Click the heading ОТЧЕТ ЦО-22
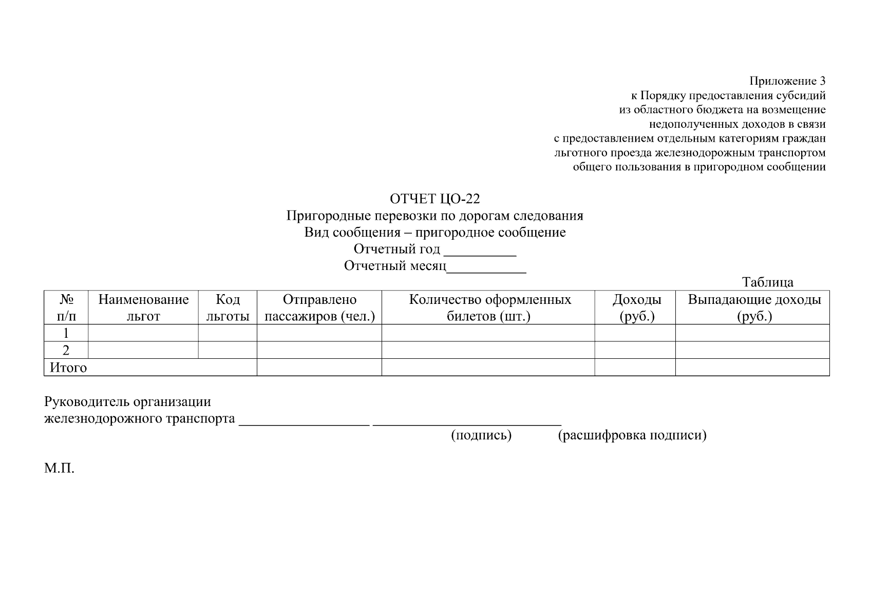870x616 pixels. click(434, 199)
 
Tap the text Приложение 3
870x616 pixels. click(787, 81)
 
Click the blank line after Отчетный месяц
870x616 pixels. click(486, 268)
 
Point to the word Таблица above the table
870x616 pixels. click(767, 282)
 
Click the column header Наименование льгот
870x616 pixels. click(143, 307)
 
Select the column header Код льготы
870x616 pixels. click(228, 307)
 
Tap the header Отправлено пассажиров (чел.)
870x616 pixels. click(319, 307)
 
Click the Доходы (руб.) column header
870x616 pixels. click(636, 307)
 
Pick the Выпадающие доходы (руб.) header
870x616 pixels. click(754, 307)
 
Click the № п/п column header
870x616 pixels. click(66, 307)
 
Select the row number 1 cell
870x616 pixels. click(66, 333)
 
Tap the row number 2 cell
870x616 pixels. click(66, 350)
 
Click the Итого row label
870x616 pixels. click(68, 368)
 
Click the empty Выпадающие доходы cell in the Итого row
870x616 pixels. click(752, 368)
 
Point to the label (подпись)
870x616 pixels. click(481, 435)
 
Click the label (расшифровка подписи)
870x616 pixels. click(632, 435)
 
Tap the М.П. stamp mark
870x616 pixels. click(60, 468)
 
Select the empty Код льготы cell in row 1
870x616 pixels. click(228, 333)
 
